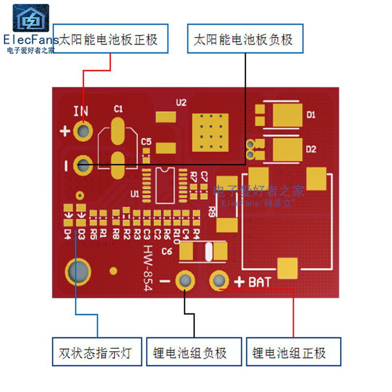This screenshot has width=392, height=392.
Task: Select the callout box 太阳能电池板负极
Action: [245, 39]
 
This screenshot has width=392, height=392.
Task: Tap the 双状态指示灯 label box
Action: [97, 352]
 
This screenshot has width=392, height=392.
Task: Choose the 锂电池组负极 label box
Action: [194, 352]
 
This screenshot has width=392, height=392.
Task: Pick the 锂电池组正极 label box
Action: [293, 352]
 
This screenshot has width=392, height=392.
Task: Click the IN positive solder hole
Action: [84, 130]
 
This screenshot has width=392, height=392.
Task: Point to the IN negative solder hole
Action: [83, 165]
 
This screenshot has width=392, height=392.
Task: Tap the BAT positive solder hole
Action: [219, 281]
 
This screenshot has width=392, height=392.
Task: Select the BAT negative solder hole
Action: [185, 281]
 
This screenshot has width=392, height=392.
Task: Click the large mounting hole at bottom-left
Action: [77, 271]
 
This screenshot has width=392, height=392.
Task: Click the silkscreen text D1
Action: [311, 115]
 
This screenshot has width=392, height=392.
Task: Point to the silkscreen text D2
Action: [311, 149]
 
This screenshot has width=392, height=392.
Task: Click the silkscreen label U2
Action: [181, 102]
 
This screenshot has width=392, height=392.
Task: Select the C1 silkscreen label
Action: [118, 109]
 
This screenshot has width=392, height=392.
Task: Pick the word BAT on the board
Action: [259, 282]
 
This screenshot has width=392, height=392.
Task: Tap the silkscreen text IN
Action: [81, 111]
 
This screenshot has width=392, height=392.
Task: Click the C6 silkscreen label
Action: [167, 252]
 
